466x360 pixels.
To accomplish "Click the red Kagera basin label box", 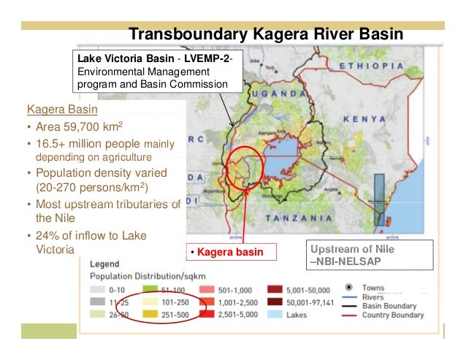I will [232, 253].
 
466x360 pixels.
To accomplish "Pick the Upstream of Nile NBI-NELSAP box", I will [372, 256].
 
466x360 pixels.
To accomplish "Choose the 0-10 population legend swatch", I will [98, 288].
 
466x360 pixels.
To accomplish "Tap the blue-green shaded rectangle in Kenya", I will [378, 199].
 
